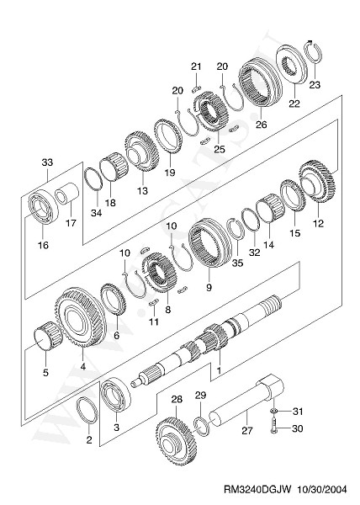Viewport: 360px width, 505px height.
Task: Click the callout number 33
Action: pos(47,162)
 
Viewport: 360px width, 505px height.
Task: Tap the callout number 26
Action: pos(261,124)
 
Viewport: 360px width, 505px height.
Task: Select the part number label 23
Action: pos(315,85)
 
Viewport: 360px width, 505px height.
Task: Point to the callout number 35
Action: pos(238,263)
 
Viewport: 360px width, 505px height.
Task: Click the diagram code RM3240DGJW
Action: pos(257,490)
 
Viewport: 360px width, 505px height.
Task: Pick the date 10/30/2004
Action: pos(323,490)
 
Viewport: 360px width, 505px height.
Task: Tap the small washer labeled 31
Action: pos(273,412)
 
